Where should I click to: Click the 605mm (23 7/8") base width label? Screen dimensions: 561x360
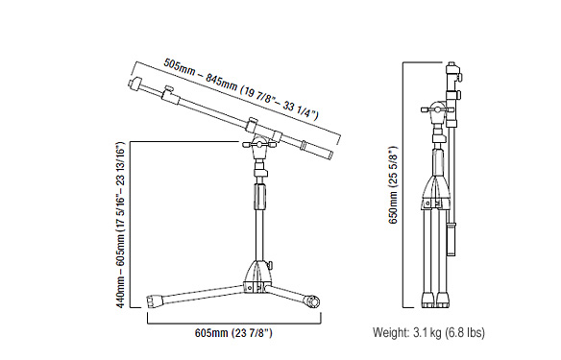[x=233, y=333]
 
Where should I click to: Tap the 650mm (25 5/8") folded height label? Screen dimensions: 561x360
[x=393, y=184]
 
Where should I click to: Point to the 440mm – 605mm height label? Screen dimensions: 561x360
[x=121, y=225]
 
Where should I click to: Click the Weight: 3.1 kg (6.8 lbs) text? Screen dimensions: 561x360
[x=428, y=332]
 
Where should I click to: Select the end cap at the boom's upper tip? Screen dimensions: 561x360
[x=134, y=84]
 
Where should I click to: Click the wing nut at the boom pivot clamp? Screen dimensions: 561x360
[x=259, y=144]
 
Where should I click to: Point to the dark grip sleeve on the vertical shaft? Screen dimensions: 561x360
[x=260, y=197]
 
